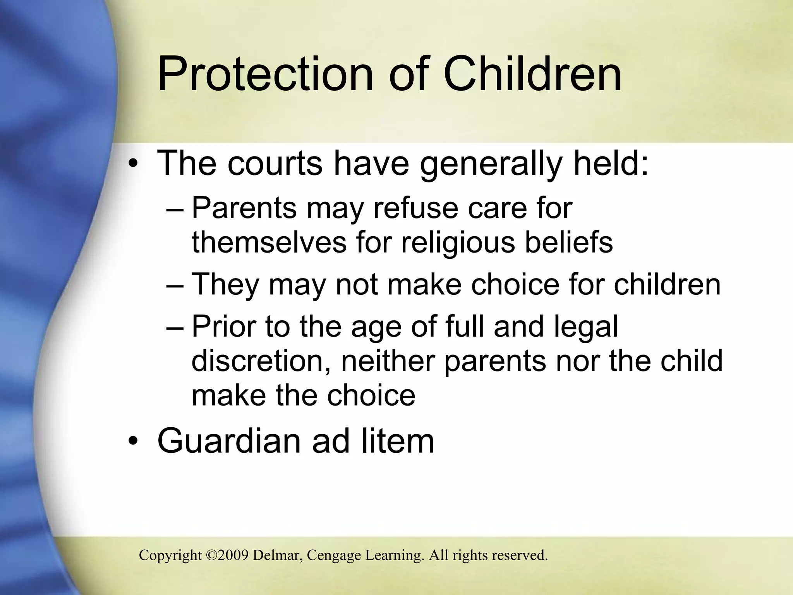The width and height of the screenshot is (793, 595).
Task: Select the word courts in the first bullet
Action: [275, 163]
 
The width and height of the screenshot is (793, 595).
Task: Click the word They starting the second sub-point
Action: [226, 285]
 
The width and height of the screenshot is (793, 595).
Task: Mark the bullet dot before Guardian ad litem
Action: [133, 442]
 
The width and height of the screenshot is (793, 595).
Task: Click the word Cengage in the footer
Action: [333, 555]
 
